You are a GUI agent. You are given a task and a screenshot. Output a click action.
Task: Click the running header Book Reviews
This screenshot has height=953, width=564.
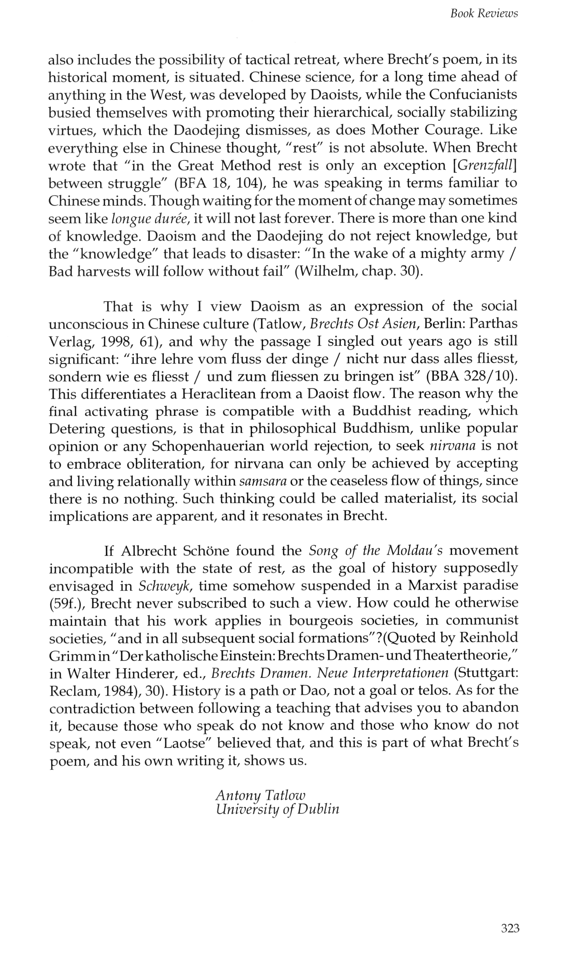(x=484, y=14)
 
